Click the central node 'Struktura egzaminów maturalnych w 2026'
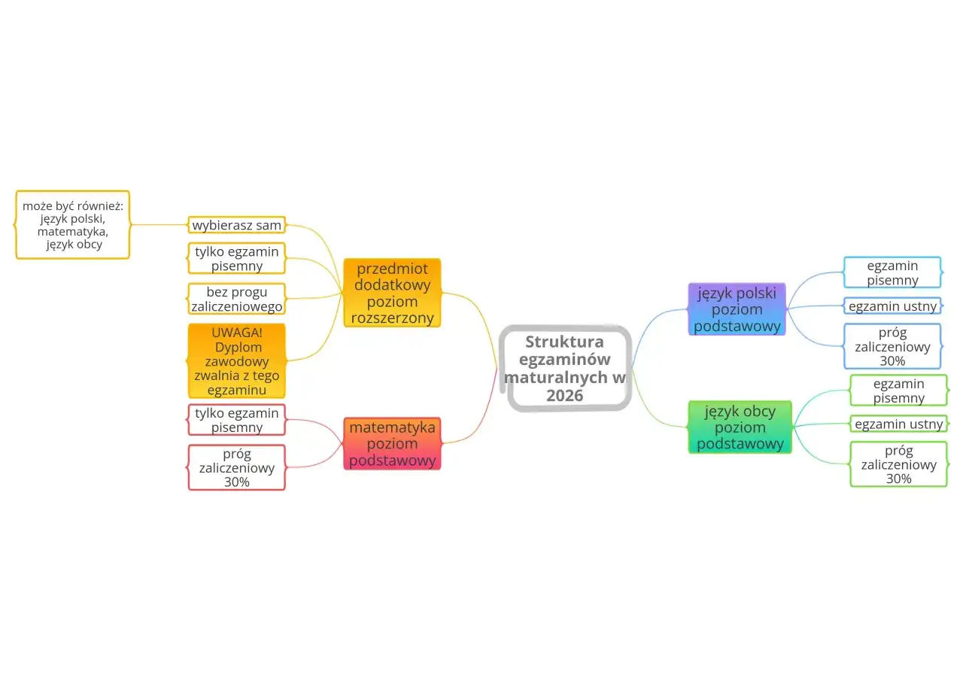(x=565, y=368)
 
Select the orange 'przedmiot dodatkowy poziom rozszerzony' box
(x=392, y=293)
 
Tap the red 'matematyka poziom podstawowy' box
(x=392, y=443)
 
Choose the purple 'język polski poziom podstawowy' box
(x=737, y=309)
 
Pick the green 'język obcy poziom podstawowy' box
(x=740, y=427)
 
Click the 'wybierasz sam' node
(x=237, y=225)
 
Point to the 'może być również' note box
(x=73, y=224)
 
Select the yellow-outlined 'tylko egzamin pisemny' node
(x=237, y=258)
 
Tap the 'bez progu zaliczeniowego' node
(x=237, y=298)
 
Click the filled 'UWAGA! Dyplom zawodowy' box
(x=237, y=360)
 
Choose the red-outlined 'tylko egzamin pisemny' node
(x=237, y=420)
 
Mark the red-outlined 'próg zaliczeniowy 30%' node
(x=237, y=467)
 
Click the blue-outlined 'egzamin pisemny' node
(x=892, y=272)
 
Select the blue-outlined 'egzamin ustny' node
(x=892, y=306)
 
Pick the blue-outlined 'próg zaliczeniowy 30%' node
(x=892, y=346)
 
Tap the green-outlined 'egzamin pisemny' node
(x=899, y=391)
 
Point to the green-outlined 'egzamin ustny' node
(x=899, y=424)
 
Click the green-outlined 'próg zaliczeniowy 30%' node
(x=899, y=464)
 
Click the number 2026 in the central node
(x=565, y=396)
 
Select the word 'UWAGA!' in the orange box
(x=237, y=333)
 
